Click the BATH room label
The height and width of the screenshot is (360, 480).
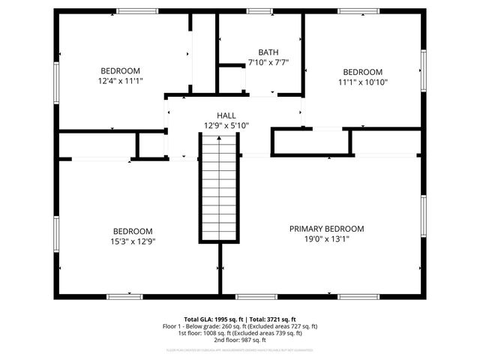tap(268, 52)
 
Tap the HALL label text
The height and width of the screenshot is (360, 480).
tap(226, 115)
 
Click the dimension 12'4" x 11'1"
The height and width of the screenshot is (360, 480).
tap(120, 81)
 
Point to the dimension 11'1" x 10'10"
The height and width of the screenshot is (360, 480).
tap(362, 82)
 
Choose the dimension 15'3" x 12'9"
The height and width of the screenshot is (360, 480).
tap(133, 241)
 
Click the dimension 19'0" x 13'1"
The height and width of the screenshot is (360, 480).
tap(326, 239)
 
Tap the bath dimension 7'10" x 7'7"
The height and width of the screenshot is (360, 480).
tap(268, 63)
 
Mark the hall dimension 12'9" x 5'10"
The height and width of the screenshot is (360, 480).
tap(226, 126)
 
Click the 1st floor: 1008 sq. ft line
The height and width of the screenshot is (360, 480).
tap(240, 333)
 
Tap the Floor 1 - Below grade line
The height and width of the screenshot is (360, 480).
tap(240, 326)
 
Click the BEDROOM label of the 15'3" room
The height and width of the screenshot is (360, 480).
tap(133, 231)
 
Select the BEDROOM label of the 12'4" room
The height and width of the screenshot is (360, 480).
tap(120, 71)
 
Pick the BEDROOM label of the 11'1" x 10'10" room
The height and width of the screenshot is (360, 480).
tap(362, 72)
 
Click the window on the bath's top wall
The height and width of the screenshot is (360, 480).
tap(259, 11)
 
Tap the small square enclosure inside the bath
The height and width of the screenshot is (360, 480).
tap(231, 78)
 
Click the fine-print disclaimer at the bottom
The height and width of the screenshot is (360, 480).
tap(240, 350)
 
